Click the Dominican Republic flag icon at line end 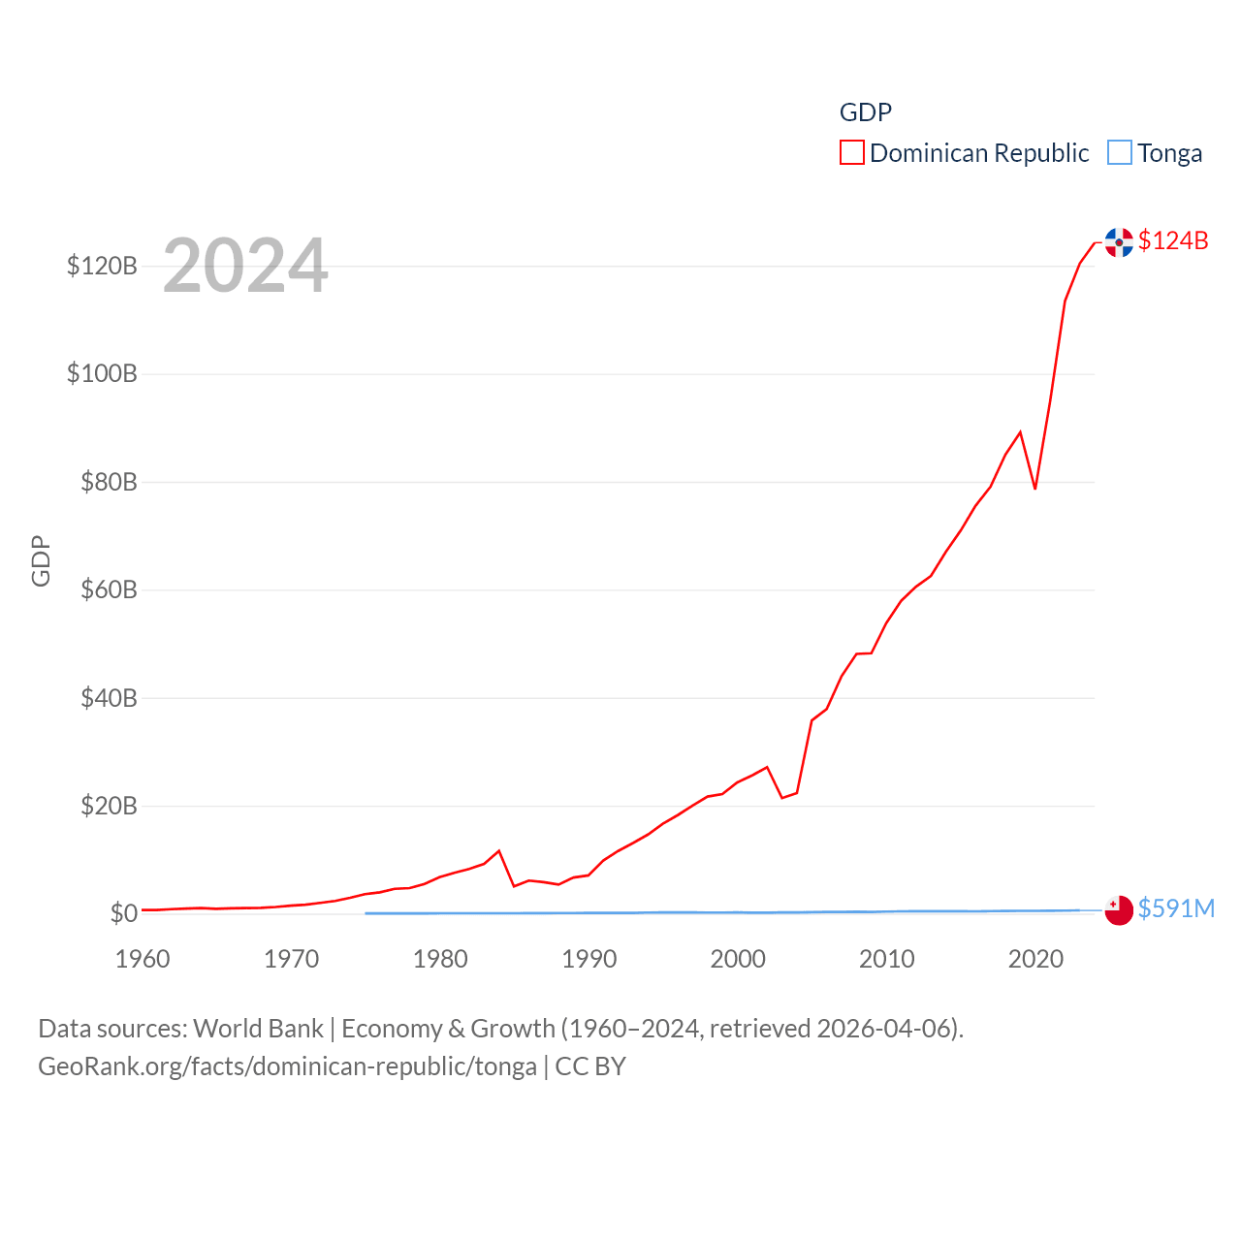[1119, 242]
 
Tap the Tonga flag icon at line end [1119, 910]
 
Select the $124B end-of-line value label [1173, 240]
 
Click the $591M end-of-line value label [1176, 908]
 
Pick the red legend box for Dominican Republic [852, 153]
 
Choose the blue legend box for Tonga [1120, 153]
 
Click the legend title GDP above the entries [865, 112]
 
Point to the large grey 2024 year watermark [245, 266]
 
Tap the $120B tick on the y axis [102, 266]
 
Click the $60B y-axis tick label [109, 589]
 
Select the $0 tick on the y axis [123, 913]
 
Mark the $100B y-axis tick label [102, 373]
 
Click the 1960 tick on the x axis [143, 960]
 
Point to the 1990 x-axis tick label [589, 960]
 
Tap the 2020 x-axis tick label [1035, 960]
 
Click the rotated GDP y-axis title [41, 560]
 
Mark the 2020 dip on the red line [1035, 488]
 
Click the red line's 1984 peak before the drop [499, 851]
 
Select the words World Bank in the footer [259, 1029]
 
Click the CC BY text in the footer [590, 1066]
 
